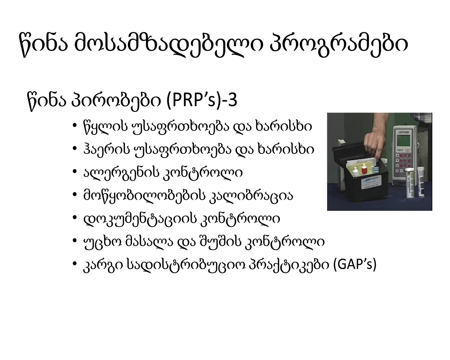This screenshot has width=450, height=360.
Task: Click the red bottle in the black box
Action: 364,169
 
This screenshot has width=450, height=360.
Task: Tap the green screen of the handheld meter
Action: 403,140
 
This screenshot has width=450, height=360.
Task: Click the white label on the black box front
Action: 371,182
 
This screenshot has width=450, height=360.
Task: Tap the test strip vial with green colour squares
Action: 410,183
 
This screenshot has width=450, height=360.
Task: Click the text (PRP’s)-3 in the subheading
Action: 202,101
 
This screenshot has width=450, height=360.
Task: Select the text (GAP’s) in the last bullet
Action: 355,264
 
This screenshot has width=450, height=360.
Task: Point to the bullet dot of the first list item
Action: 75,126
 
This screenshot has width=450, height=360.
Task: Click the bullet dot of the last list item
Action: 75,264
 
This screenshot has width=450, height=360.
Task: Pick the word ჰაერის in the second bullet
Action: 107,149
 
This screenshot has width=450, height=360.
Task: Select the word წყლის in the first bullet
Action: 105,127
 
